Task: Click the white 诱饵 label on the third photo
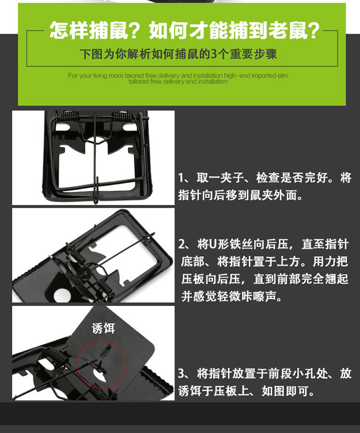click(x=103, y=328)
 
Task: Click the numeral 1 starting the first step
click(x=181, y=178)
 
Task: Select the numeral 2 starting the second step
click(x=181, y=244)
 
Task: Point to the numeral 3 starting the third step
click(x=181, y=374)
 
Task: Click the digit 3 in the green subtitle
click(x=214, y=54)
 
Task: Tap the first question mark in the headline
click(x=136, y=31)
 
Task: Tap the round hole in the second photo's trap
click(x=62, y=295)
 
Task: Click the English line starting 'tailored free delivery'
click(x=178, y=82)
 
